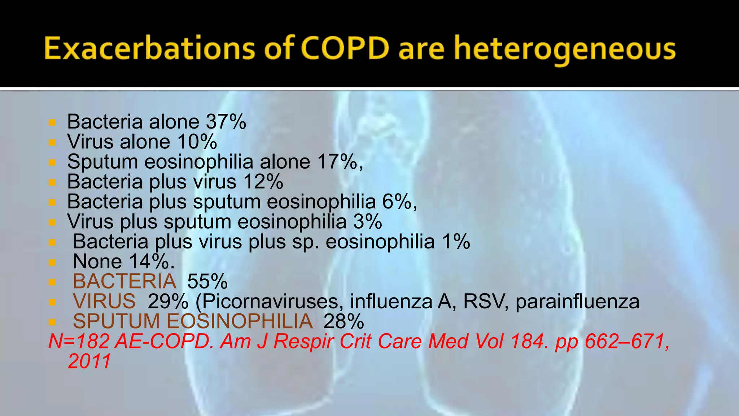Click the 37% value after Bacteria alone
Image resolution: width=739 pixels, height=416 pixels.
click(226, 122)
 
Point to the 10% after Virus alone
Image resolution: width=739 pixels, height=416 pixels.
click(197, 142)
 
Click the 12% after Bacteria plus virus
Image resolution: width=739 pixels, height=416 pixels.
click(263, 182)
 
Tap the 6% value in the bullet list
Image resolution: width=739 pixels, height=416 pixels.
click(397, 201)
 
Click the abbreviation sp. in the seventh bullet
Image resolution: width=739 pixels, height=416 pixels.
click(306, 242)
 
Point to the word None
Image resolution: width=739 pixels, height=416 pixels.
click(97, 261)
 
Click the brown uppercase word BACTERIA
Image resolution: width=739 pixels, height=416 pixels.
click(124, 281)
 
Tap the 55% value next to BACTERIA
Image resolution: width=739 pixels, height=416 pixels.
click(207, 281)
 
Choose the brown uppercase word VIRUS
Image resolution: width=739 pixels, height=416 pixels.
click(104, 301)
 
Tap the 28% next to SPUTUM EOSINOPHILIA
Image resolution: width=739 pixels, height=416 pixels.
click(344, 321)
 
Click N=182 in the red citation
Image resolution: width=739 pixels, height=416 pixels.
click(79, 341)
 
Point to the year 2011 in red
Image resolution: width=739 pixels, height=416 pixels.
click(89, 361)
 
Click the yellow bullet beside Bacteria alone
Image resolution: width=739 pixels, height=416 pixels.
click(52, 123)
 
